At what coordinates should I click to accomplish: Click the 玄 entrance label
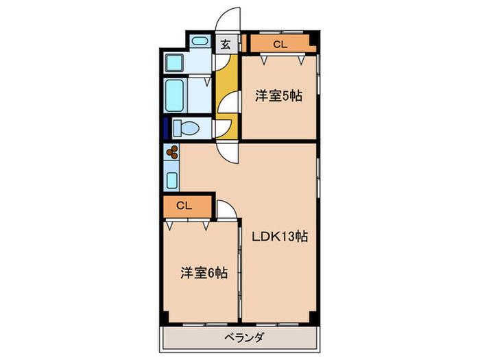pyautogui.click(x=226, y=45)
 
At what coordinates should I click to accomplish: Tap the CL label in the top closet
pyautogui.click(x=280, y=45)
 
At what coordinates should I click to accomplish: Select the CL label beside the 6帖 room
pyautogui.click(x=184, y=206)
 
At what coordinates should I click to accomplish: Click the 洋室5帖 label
pyautogui.click(x=279, y=96)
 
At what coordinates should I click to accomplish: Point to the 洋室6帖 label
pyautogui.click(x=204, y=272)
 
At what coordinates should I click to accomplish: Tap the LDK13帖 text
pyautogui.click(x=280, y=237)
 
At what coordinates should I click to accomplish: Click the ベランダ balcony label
pyautogui.click(x=244, y=338)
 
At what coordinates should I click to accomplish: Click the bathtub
pyautogui.click(x=174, y=95)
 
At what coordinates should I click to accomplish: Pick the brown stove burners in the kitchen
pyautogui.click(x=172, y=152)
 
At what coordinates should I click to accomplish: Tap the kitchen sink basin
pyautogui.click(x=172, y=180)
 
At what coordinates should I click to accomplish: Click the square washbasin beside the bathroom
pyautogui.click(x=174, y=63)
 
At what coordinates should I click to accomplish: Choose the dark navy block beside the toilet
pyautogui.click(x=166, y=128)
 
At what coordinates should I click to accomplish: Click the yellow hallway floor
pyautogui.click(x=226, y=97)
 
